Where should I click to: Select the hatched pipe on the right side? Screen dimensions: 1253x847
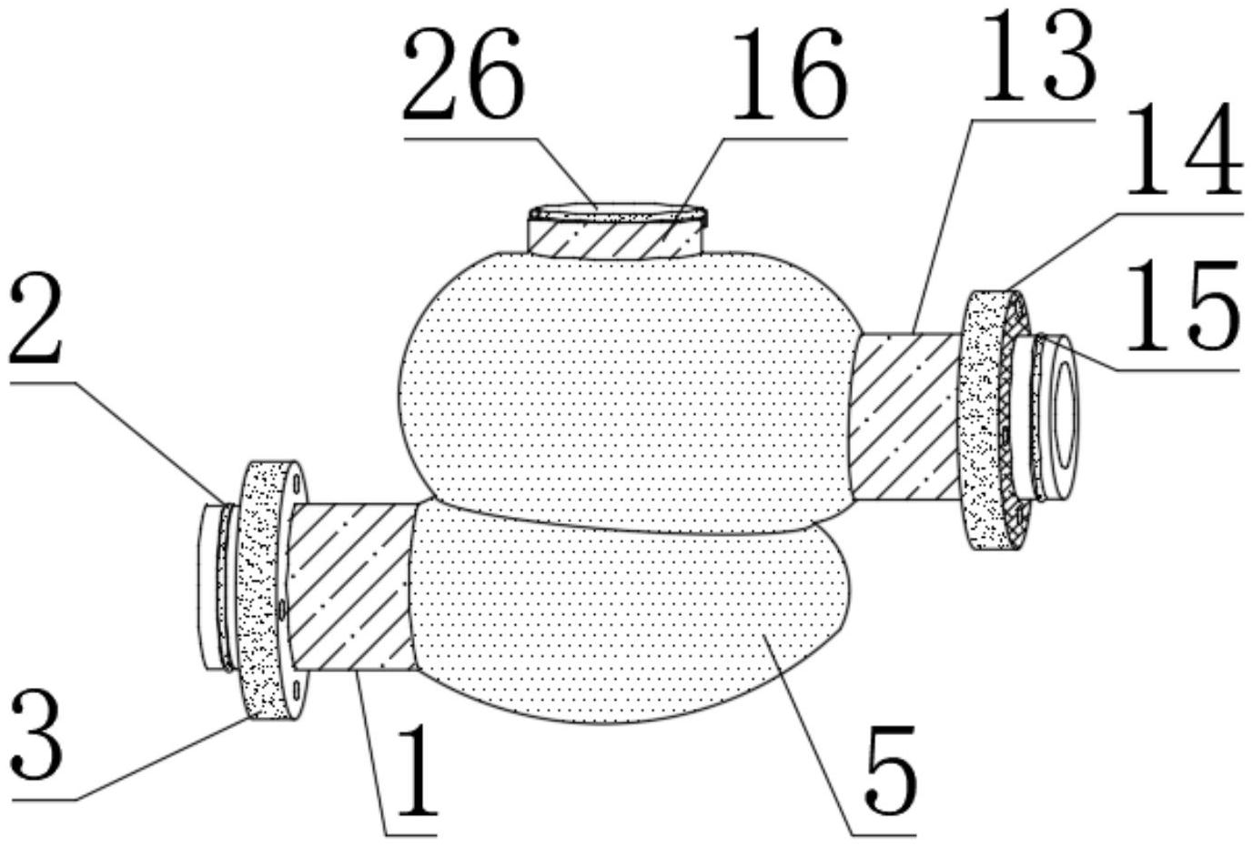[x=905, y=417]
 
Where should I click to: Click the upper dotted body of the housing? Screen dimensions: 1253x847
[x=626, y=391]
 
